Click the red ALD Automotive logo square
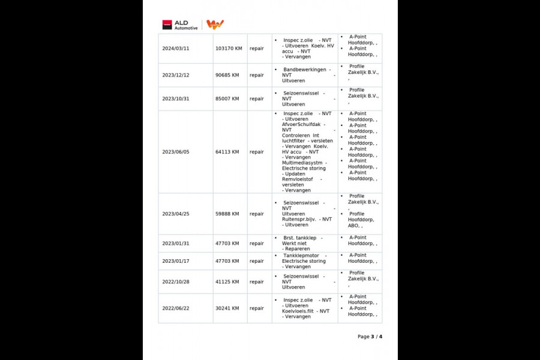point(167,25)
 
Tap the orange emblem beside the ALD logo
point(215,25)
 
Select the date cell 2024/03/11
point(176,49)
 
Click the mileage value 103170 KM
point(229,49)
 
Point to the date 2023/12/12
point(176,75)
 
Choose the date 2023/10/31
point(176,99)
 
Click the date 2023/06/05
point(176,152)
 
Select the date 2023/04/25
point(176,214)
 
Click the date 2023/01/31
point(176,244)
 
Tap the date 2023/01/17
point(176,261)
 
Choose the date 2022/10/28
point(176,282)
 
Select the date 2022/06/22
point(176,308)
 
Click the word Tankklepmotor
point(300,256)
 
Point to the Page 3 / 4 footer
point(370,337)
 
